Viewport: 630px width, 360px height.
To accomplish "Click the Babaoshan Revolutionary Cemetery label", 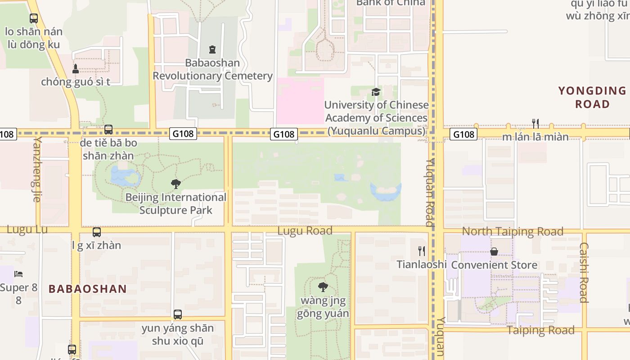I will coord(212,69).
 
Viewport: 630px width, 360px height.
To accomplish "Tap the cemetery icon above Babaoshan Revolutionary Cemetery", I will coord(212,49).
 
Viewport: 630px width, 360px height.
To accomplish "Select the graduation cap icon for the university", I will coord(376,92).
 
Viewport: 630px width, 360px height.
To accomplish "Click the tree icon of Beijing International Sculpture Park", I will coord(176,184).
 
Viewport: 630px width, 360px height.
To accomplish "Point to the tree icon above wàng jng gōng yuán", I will coord(323,287).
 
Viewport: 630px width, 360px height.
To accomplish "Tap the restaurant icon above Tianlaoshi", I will coord(422,251).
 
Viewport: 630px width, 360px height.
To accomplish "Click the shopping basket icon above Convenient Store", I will coord(494,252).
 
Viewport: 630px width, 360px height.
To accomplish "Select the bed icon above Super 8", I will coord(18,274).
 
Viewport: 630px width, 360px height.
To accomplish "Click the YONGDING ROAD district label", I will coord(592,97).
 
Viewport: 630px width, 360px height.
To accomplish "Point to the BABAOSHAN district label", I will coord(88,289).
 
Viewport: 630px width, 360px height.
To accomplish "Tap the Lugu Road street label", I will coord(305,231).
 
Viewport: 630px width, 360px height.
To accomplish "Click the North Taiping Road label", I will coord(513,231).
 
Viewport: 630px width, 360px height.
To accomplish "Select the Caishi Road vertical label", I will coord(584,273).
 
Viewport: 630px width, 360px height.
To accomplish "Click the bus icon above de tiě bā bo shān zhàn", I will coord(108,130).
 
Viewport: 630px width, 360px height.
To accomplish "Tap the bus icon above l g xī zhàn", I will coord(97,232).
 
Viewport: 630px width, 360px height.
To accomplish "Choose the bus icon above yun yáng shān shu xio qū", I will coord(178,315).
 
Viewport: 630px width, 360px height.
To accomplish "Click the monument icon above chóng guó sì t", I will coord(76,69).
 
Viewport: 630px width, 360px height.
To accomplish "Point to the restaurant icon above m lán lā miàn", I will coord(535,123).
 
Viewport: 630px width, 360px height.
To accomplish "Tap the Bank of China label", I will coord(391,3).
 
